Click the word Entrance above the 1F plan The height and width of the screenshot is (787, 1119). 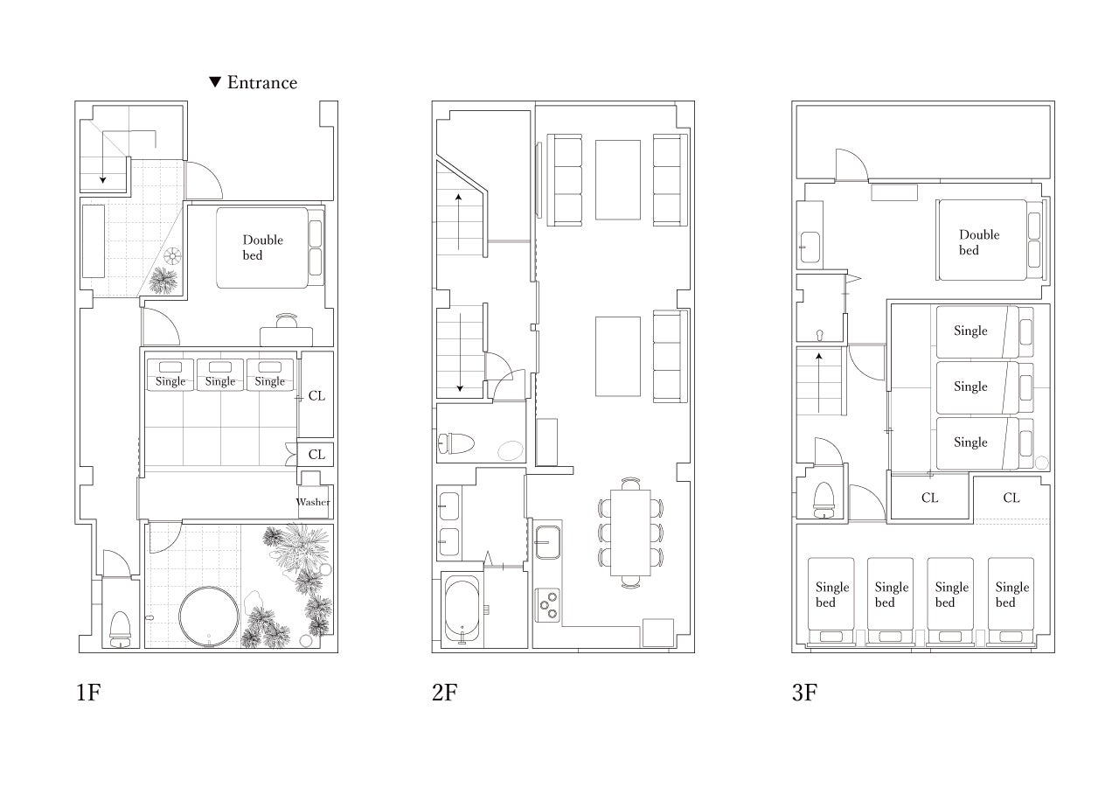(262, 82)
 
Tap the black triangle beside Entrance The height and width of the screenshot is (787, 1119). (215, 82)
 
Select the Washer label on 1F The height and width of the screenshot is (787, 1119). (313, 502)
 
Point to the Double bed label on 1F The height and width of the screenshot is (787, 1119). (263, 247)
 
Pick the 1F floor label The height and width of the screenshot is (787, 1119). (88, 693)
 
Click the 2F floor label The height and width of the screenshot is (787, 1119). (445, 693)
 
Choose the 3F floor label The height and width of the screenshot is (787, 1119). (804, 693)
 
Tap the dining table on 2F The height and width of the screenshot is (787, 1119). (630, 533)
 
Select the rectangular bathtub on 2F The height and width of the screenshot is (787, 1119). (462, 610)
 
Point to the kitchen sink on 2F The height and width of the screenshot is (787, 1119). (548, 542)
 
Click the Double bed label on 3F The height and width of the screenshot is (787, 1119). (979, 242)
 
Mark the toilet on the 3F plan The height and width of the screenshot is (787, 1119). (824, 499)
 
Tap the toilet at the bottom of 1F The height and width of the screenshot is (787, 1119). (120, 629)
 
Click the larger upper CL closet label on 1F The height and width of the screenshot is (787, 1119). (316, 396)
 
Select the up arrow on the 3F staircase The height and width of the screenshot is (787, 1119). (819, 383)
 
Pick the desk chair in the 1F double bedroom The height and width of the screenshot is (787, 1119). (287, 320)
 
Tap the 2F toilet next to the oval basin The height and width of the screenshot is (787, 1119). (455, 443)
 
